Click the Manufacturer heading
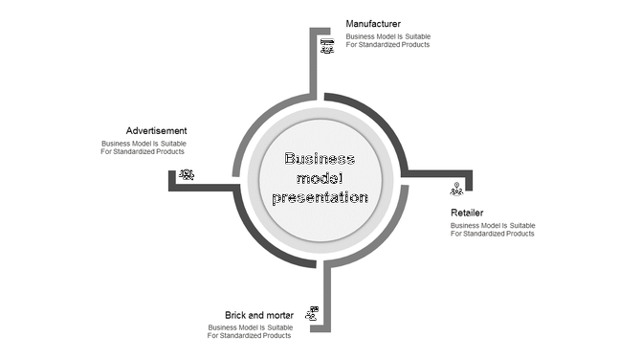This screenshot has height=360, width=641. coord(373,23)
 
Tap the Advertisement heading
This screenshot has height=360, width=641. coord(156,131)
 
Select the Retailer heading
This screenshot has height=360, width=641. coord(467,213)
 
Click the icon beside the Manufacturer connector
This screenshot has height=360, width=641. coord(327,46)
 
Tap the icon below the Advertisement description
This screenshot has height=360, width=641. coord(186,174)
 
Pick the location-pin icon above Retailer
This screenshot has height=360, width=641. coord(456,189)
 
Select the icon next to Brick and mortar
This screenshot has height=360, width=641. coord(312,313)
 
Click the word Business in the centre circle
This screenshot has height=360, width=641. coord(320,159)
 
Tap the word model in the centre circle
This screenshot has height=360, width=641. coord(320,178)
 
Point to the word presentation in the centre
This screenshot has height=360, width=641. coord(320,197)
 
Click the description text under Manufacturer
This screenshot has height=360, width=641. coord(388,41)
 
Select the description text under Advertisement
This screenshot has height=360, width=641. coord(144,147)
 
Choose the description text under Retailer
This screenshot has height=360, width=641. coord(493,230)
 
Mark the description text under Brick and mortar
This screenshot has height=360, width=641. coord(250,331)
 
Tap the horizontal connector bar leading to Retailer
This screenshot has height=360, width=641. coord(440,173)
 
